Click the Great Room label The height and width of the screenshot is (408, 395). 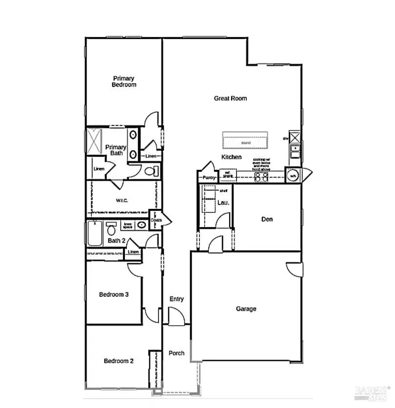coord(230,98)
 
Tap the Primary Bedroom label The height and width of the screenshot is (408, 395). coord(124,82)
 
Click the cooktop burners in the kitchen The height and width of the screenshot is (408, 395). coord(261,177)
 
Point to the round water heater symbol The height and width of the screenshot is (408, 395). coord(293,176)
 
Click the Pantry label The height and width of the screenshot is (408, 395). coord(209,178)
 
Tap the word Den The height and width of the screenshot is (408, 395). coord(267,219)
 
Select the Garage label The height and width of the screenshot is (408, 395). coord(246,308)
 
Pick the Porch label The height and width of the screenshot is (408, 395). coord(176,353)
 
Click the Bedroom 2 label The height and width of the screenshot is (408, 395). coord(118,361)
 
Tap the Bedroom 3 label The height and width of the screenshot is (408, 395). coord(114,294)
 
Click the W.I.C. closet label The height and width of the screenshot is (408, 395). coord(122,200)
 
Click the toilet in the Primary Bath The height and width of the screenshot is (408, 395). coord(152,171)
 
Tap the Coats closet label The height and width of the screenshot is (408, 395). coord(157,220)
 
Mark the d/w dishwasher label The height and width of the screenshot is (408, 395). coord(286,139)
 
